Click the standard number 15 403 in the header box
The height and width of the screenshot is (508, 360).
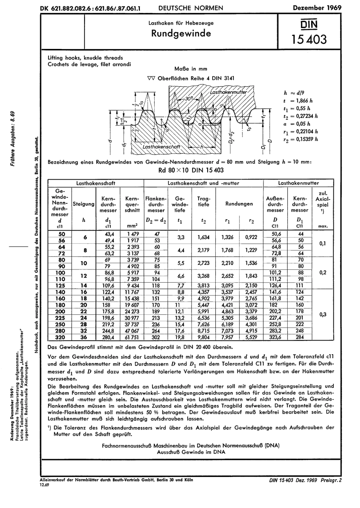click(x=308, y=39)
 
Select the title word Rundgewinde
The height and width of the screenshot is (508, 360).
click(x=181, y=33)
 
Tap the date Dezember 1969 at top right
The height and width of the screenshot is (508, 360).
click(x=317, y=8)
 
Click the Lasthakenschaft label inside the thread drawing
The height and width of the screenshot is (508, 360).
click(x=161, y=146)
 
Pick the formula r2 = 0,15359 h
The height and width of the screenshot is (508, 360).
click(x=299, y=139)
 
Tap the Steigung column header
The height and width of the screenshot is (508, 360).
click(x=83, y=204)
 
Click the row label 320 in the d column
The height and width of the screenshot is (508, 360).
click(x=60, y=337)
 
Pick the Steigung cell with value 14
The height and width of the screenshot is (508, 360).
click(x=83, y=286)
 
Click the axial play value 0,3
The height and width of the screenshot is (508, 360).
click(x=323, y=314)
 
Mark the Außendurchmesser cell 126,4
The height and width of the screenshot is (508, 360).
click(x=275, y=286)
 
